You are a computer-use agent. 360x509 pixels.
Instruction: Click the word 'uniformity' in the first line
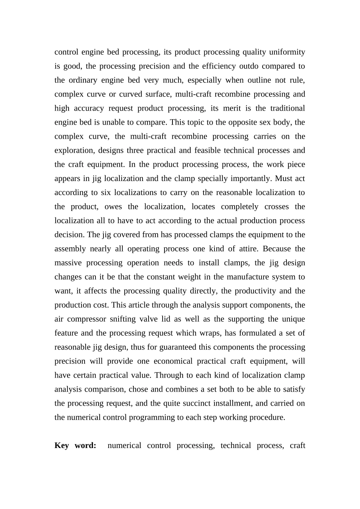pos(287,52)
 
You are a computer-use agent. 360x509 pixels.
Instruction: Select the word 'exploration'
pos(74,150)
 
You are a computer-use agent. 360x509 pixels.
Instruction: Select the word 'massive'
pos(67,263)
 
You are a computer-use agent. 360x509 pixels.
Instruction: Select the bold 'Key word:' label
pos(75,445)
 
